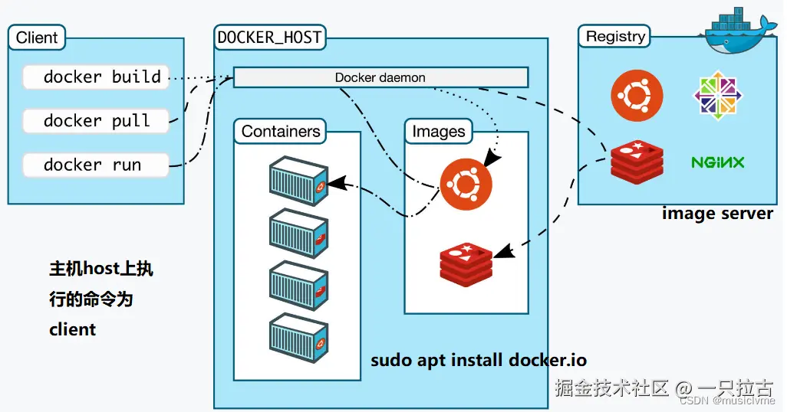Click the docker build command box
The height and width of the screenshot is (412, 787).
[96, 77]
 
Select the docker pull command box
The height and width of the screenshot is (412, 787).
[96, 121]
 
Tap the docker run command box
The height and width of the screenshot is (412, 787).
[96, 165]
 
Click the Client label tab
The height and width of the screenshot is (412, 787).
[37, 37]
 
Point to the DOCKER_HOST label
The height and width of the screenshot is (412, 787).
[269, 37]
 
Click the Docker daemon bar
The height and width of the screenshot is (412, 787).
[380, 77]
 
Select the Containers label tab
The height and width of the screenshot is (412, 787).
[280, 131]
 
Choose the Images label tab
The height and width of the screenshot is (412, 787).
[439, 131]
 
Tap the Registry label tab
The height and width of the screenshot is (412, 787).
[615, 36]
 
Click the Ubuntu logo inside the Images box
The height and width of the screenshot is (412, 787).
[466, 184]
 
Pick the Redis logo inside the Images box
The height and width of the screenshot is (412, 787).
[466, 265]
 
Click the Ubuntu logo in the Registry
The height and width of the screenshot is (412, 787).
[637, 96]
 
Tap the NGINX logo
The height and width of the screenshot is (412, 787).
[718, 162]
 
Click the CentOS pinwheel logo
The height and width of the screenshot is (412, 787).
[718, 95]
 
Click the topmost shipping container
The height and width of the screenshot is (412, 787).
[298, 181]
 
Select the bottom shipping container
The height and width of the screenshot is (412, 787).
[298, 337]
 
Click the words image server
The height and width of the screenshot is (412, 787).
[717, 214]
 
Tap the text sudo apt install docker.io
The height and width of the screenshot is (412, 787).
[479, 361]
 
